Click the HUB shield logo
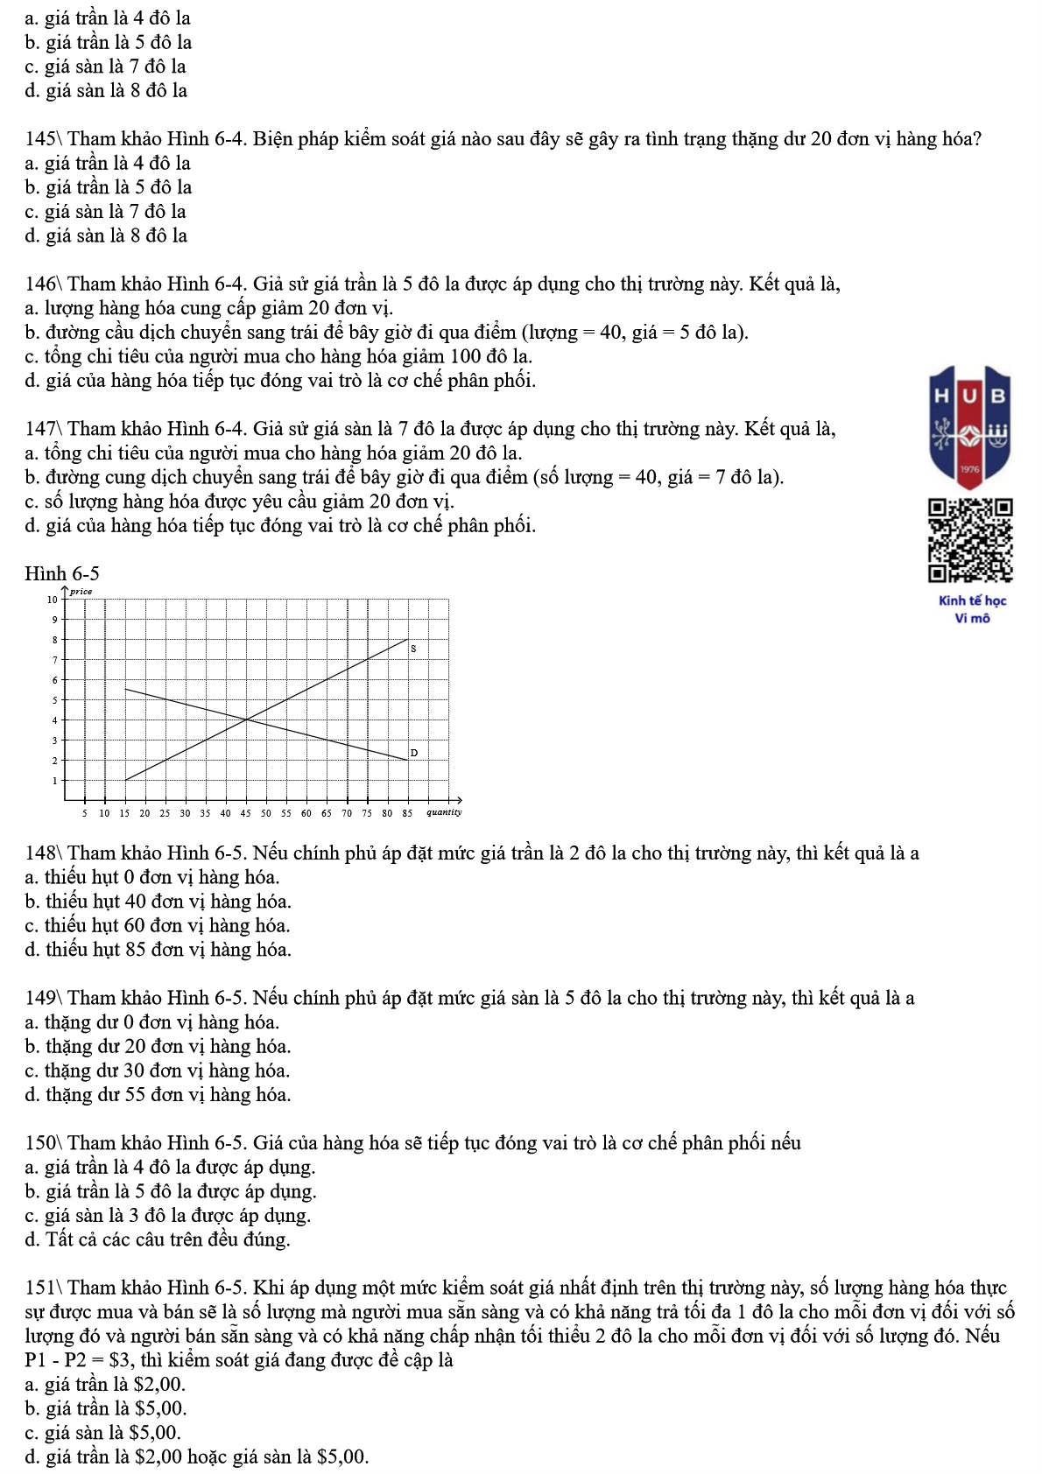tap(970, 427)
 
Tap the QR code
tap(970, 541)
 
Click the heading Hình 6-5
tap(62, 574)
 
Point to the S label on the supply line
tap(413, 649)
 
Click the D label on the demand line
tap(414, 753)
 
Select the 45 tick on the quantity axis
tap(246, 813)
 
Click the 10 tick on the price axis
tap(52, 600)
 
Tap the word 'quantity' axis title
tap(443, 812)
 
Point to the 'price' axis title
tap(81, 592)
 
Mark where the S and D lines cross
tap(246, 719)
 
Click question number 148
tap(41, 853)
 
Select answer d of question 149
tap(158, 1095)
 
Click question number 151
tap(41, 1288)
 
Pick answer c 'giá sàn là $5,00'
tap(103, 1433)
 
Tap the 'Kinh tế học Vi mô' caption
tap(972, 609)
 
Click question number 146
tap(41, 284)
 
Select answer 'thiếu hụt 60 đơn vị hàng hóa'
tap(158, 926)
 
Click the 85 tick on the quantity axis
tap(407, 813)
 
